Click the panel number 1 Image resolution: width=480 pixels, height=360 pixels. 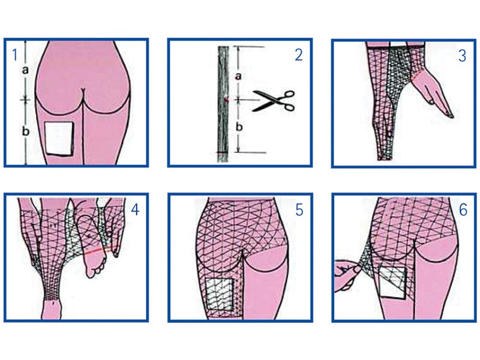click(14, 55)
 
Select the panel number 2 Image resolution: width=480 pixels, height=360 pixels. click(299, 55)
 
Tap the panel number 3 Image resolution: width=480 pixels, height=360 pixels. click(462, 56)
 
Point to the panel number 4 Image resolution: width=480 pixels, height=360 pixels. click(135, 209)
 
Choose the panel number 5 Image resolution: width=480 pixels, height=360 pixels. click(299, 210)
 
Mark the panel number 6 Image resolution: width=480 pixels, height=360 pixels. click(463, 210)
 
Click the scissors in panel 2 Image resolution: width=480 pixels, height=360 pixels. click(274, 101)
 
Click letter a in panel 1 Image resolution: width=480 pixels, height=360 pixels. click(25, 70)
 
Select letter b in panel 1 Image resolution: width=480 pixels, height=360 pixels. click(26, 131)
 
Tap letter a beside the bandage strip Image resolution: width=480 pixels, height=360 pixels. click(238, 76)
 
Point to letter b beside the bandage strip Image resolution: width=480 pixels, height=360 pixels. click(239, 127)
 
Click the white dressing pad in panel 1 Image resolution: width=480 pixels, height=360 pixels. click(59, 139)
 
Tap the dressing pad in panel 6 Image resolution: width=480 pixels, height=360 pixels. click(393, 283)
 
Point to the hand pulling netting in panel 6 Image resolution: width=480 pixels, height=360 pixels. click(347, 275)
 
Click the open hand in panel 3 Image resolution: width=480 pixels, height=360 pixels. click(431, 92)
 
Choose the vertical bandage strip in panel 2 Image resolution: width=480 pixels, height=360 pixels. click(223, 104)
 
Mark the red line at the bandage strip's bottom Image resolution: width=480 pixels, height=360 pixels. click(223, 152)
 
